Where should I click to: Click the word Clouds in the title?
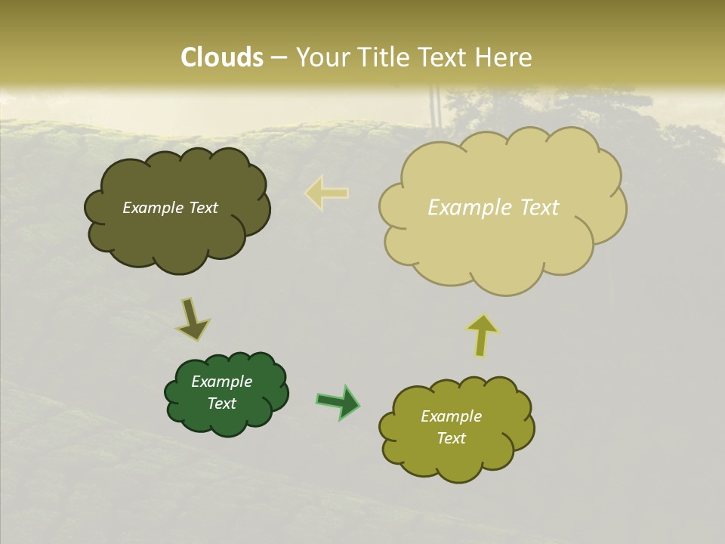coord(221,57)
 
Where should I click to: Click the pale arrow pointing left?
coord(326,193)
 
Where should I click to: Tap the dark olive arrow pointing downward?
coord(192,321)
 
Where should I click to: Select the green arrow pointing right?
coord(338,402)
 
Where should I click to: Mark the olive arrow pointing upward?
coord(482,335)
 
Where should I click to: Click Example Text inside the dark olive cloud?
coord(170,208)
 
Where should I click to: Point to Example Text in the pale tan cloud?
coord(493,208)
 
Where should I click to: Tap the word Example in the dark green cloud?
coord(221,382)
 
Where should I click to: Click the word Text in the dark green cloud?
coord(221,403)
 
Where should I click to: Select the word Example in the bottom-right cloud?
coord(451,416)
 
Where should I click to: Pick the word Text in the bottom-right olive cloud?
coord(451,438)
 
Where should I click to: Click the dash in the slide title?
coord(279,58)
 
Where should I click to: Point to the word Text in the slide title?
coord(444,57)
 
